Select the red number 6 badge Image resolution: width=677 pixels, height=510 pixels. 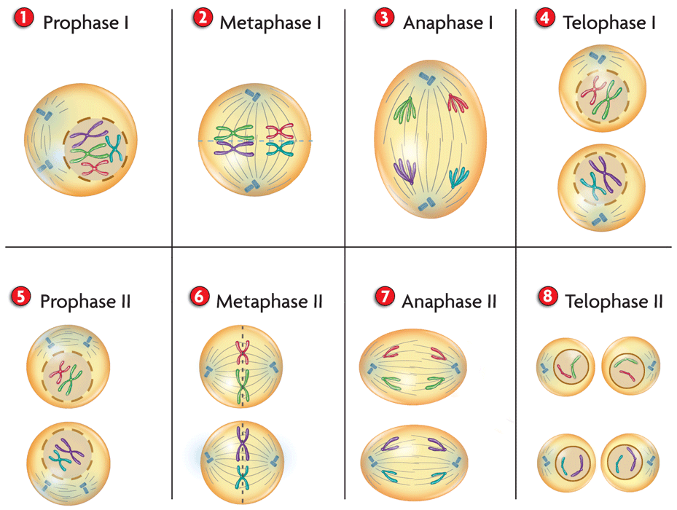pos(197,297)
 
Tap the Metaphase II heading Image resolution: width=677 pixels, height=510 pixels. pos(269,300)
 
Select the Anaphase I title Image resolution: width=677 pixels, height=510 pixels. pos(447,23)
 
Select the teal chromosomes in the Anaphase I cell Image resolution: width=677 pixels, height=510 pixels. pos(459,177)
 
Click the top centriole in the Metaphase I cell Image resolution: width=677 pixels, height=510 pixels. pos(251,94)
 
